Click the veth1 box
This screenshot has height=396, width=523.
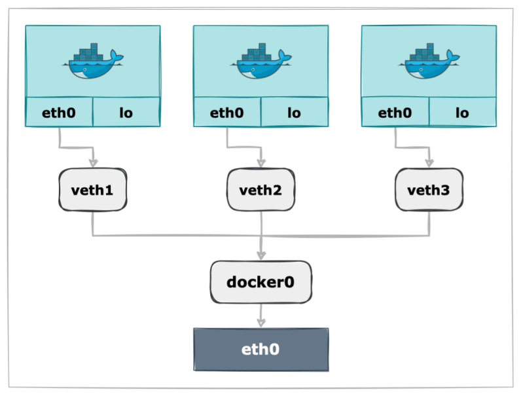(92, 190)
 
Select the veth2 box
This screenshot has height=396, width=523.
(261, 190)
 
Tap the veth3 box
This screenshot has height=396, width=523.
(429, 190)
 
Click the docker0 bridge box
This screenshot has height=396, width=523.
(261, 282)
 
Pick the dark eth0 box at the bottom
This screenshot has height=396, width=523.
(261, 350)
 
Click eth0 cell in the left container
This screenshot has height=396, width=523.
(59, 113)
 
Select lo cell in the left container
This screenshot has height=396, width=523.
(126, 113)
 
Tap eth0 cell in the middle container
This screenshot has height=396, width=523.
(227, 113)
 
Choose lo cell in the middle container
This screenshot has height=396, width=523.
(294, 113)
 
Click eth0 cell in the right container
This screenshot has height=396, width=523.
(395, 113)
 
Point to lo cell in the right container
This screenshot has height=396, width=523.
(462, 113)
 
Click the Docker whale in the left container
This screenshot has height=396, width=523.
(92, 62)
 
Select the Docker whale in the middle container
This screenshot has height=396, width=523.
(261, 62)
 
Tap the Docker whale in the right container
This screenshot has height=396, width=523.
(429, 62)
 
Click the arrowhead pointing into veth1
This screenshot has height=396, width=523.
(94, 162)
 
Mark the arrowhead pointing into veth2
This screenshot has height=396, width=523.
(262, 162)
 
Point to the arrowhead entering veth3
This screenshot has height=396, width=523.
(430, 162)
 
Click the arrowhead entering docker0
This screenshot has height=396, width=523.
(261, 253)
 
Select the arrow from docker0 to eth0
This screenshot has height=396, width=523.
(261, 316)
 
